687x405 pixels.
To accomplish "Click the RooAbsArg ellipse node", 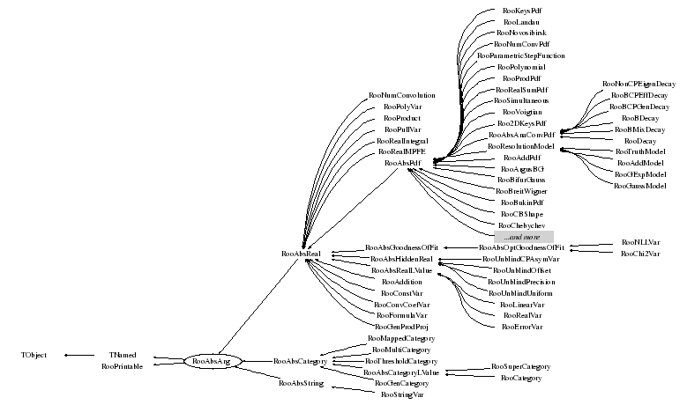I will click(x=211, y=361).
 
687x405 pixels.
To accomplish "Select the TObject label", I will click(x=34, y=355).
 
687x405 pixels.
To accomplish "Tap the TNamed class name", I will click(x=123, y=355).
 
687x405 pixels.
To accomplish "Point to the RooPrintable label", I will click(x=123, y=366).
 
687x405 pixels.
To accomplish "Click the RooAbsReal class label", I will click(x=301, y=254).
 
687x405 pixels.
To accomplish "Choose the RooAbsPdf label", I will click(x=402, y=163).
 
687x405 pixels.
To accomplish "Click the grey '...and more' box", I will click(x=523, y=238).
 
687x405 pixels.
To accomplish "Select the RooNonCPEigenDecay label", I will click(x=633, y=83).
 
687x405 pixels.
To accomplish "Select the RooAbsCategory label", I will click(x=301, y=361).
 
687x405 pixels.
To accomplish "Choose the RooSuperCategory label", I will click(x=521, y=366).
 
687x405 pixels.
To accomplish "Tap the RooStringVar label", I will click(x=402, y=395).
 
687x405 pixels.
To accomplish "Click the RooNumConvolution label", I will click(x=402, y=95).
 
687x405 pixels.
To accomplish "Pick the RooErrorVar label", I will click(x=521, y=327).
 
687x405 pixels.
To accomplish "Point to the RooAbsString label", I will click(x=301, y=384).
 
